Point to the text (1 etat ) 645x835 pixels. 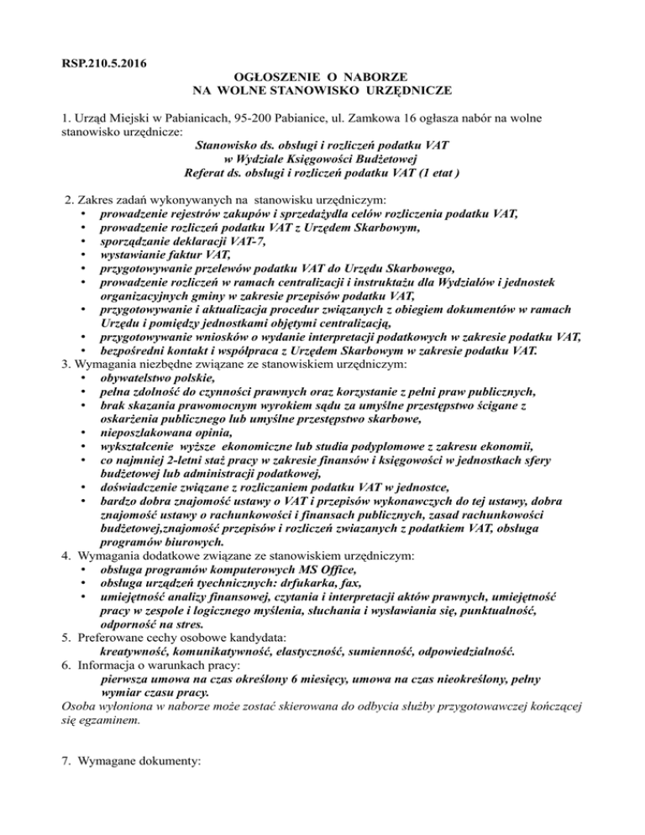[437, 174]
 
